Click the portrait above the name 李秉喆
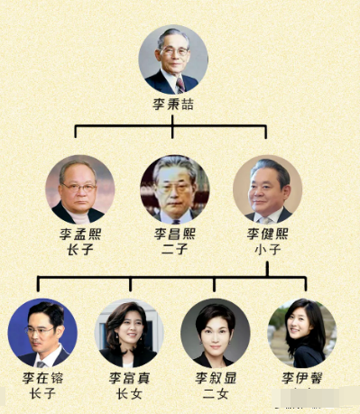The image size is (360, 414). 172,59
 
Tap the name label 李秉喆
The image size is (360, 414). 172,105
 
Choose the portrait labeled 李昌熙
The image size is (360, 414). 174,189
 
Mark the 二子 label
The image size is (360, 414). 174,250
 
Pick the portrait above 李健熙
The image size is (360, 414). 267,189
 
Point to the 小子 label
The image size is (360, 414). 268,250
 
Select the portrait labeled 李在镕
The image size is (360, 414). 42,331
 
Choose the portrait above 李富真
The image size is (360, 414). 130,332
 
